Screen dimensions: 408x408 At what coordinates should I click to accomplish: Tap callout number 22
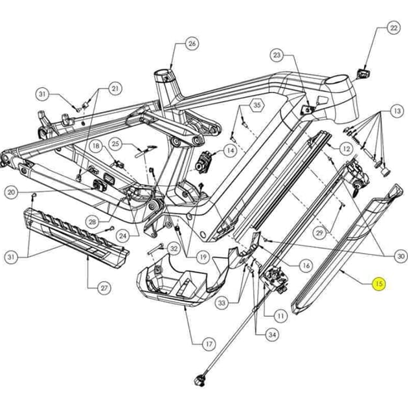393,28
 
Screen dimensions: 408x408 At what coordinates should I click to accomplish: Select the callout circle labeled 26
192,44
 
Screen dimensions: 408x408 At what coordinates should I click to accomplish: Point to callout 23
278,56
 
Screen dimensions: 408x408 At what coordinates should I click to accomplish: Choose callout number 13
396,111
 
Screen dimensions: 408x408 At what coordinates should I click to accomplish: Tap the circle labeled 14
229,151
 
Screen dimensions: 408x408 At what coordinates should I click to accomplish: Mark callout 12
346,149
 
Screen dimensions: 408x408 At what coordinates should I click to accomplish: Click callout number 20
11,192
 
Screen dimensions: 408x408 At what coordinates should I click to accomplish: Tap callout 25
116,143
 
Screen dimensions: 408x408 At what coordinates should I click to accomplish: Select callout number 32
174,248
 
